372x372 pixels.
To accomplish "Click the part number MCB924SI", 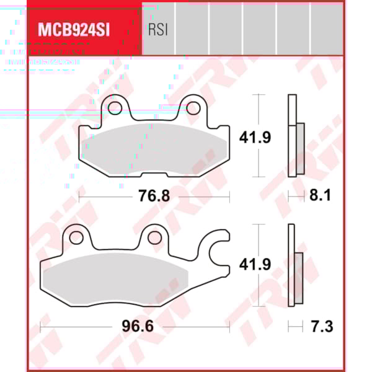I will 74,29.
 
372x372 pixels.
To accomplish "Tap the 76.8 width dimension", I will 153,197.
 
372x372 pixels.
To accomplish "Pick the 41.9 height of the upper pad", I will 255,138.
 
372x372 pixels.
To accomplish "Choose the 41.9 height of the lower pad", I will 255,265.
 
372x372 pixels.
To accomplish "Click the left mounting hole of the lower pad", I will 76,237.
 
